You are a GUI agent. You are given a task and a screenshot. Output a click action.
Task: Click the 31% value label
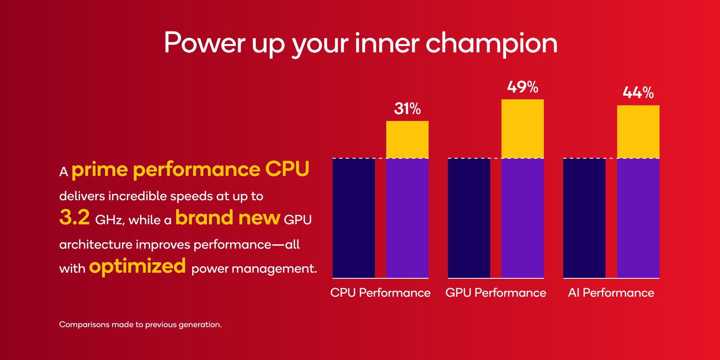tap(407, 109)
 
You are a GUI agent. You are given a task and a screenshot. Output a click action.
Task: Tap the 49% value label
tap(522, 87)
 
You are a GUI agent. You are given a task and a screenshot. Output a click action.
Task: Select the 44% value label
tap(638, 93)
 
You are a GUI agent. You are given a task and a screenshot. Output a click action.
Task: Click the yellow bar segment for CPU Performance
tap(407, 139)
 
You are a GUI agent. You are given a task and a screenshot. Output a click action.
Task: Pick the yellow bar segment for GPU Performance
tap(522, 129)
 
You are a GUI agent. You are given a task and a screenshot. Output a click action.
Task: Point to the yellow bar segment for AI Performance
tap(638, 132)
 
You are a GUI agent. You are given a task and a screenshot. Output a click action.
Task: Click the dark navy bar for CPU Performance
tap(354, 218)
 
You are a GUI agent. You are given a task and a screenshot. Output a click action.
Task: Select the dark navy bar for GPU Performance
tap(469, 218)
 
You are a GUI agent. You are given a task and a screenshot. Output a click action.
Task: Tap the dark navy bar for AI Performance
tap(584, 218)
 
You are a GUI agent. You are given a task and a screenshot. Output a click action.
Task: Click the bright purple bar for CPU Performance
tap(407, 218)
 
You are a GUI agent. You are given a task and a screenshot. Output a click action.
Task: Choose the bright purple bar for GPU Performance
tap(522, 218)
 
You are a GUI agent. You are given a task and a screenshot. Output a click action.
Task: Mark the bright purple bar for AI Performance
tap(638, 218)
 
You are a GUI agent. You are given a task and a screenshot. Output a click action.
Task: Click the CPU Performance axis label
tap(380, 293)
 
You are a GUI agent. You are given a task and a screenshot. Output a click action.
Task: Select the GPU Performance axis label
tap(495, 293)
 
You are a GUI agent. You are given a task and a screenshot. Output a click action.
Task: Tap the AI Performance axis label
tap(611, 293)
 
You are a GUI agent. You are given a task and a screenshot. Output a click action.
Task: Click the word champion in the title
tap(491, 43)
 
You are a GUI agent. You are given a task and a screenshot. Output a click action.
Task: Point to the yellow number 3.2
tap(74, 217)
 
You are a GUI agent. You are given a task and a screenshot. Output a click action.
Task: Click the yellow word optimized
tap(137, 266)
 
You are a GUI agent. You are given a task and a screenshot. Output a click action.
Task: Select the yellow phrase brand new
tap(227, 218)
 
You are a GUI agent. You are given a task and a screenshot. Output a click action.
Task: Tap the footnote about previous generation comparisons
tap(140, 324)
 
